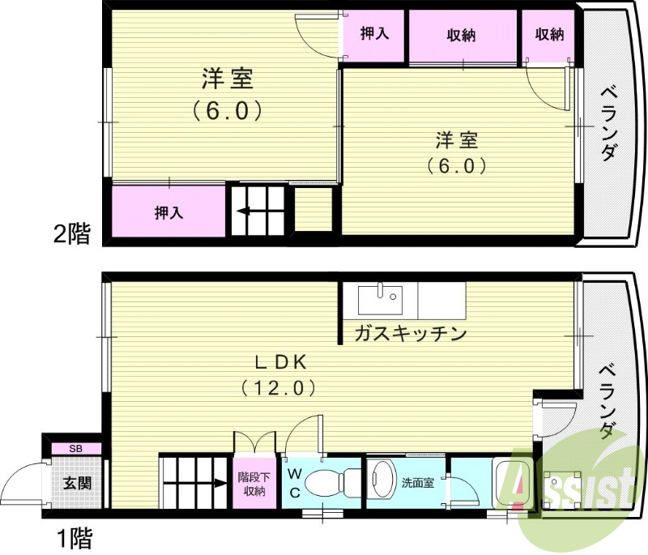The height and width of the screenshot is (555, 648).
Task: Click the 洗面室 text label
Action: tap(418, 483)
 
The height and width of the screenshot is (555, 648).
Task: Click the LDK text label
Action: tap(277, 361)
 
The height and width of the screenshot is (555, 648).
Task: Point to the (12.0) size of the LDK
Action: tap(277, 388)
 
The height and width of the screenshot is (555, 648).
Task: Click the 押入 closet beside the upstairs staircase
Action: tap(168, 212)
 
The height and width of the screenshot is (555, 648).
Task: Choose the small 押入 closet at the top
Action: tap(374, 35)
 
